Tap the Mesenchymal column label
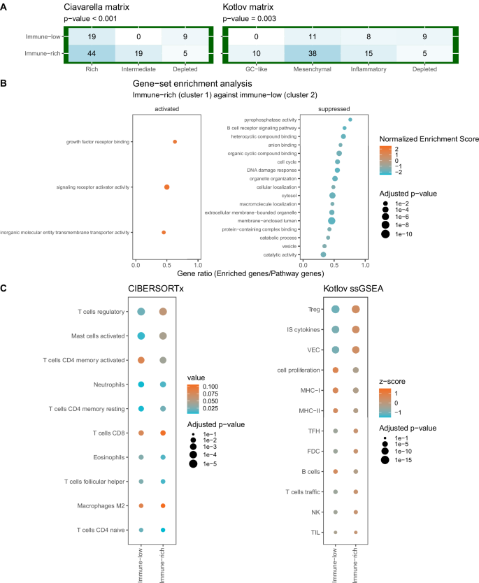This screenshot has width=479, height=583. point(313,69)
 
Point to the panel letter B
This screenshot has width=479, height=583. point(4,82)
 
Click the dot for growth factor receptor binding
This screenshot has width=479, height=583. point(175,142)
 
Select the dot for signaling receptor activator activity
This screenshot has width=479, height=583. point(166,187)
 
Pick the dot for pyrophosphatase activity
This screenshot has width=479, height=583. point(350,120)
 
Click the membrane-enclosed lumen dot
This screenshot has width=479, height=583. point(331,221)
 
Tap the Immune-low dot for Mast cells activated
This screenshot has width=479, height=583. point(141,336)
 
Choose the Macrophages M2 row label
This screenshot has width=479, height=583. point(99,505)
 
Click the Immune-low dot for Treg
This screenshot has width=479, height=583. point(336,310)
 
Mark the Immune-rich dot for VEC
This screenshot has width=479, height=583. point(357,350)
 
